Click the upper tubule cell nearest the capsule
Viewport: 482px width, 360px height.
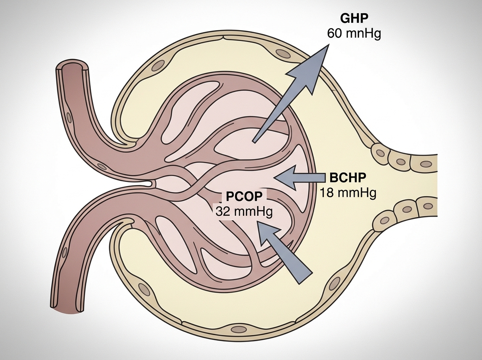coord(380,152)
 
